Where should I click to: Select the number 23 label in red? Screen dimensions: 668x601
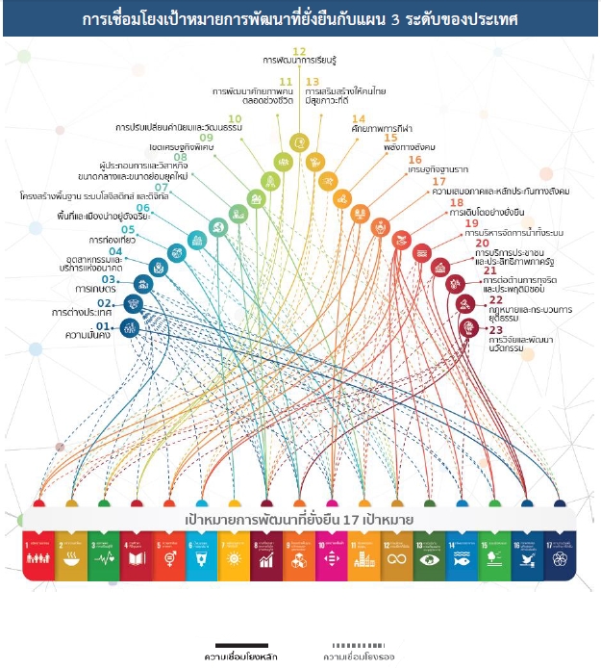tap(496, 329)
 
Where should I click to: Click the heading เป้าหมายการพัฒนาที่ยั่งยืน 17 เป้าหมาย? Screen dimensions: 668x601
tap(299, 520)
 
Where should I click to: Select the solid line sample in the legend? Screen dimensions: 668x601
tap(240, 646)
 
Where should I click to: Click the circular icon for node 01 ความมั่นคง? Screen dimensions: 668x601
tap(130, 328)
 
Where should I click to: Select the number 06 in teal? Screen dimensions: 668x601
tap(143, 208)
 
